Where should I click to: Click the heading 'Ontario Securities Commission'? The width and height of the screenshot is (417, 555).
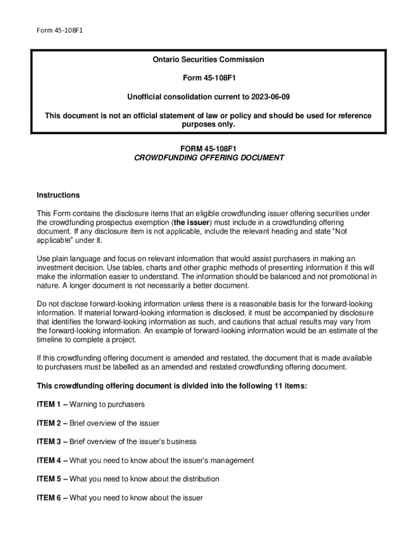pos(208,60)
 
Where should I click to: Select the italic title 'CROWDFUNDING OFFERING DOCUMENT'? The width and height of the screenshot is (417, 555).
pos(208,158)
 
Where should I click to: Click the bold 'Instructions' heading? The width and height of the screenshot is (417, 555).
pos(58,195)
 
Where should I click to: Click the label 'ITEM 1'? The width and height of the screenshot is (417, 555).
pos(49,404)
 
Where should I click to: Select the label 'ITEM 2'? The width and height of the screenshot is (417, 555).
pos(49,423)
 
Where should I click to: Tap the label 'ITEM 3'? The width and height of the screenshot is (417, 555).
pos(49,442)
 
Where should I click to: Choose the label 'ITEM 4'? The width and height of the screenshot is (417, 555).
pos(49,461)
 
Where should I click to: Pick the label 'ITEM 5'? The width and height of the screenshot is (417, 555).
pos(49,479)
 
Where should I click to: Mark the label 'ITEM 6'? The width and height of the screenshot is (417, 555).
pos(49,498)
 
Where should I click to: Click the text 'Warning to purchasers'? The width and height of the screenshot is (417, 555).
pos(107,404)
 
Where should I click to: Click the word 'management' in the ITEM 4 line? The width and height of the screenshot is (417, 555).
pos(231,461)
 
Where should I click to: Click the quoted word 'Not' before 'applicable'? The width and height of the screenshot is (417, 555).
pos(341,231)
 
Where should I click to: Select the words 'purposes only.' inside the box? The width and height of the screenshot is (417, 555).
pos(208,124)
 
